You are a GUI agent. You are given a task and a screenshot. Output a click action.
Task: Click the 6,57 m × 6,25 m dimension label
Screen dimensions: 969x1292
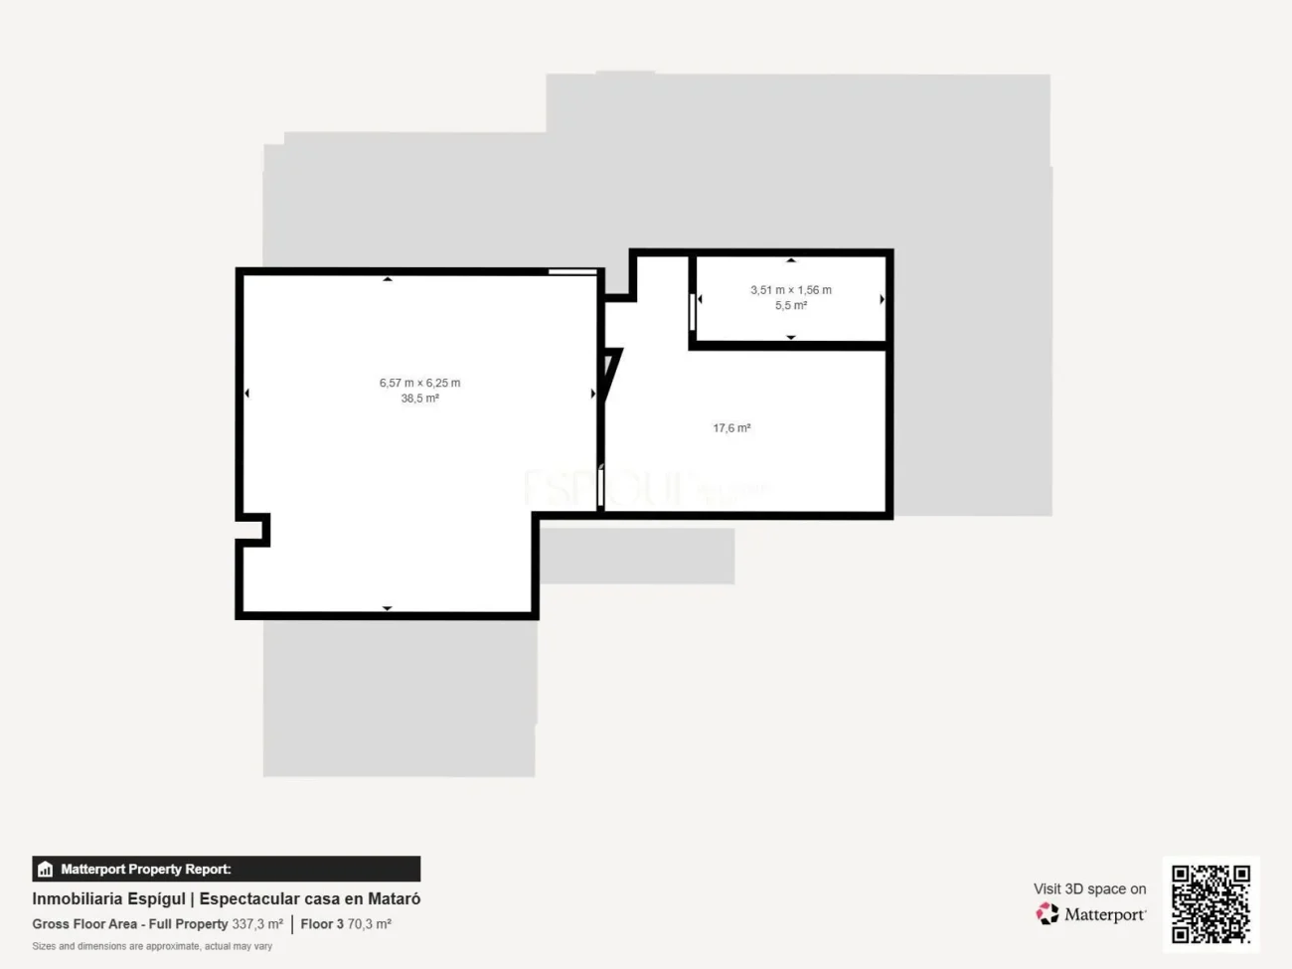[x=419, y=383]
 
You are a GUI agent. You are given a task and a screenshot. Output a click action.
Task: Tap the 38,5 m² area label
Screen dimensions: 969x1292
[x=419, y=399]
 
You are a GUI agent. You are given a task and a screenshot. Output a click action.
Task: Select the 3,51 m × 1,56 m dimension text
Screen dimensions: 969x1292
[x=791, y=290]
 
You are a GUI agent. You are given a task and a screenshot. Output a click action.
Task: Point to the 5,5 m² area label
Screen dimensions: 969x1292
[x=791, y=306]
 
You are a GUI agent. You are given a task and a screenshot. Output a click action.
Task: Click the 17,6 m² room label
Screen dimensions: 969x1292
[x=731, y=428]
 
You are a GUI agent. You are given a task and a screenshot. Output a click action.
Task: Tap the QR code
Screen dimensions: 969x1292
[x=1211, y=903]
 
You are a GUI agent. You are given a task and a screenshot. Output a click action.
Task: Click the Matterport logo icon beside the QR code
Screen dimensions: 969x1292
[x=1048, y=913]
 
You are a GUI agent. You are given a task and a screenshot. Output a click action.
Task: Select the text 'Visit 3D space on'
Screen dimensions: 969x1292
[x=1089, y=888]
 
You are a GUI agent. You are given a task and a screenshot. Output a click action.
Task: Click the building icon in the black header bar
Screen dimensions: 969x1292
[x=45, y=870]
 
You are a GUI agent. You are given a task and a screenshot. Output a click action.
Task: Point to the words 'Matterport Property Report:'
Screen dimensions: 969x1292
[x=145, y=870]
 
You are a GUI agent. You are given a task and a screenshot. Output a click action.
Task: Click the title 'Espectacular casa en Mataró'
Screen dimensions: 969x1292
[x=310, y=898]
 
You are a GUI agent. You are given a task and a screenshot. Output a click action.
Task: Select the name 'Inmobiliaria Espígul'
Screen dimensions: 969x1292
[x=108, y=898]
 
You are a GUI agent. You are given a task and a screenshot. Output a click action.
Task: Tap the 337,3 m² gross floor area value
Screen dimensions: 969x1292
[x=257, y=924]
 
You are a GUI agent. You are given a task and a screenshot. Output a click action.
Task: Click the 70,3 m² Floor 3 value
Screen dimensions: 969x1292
[x=369, y=924]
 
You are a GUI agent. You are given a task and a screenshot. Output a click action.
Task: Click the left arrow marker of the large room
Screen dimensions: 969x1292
[x=246, y=394]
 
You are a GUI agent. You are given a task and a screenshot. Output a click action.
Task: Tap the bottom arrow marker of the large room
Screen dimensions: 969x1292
[x=388, y=608]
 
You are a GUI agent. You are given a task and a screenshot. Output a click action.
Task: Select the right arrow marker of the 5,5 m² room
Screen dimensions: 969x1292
[x=882, y=299]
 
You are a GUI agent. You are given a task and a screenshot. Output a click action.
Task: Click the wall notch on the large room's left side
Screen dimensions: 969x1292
[x=254, y=530]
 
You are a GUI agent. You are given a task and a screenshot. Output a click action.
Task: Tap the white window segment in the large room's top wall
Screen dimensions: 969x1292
[x=572, y=271]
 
